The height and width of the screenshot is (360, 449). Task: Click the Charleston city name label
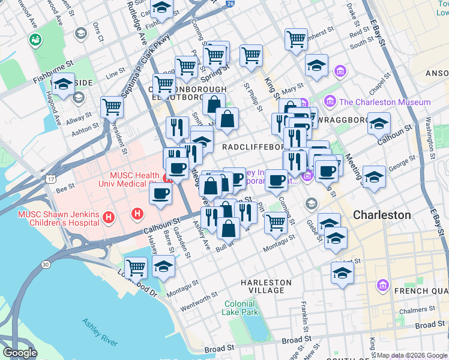point(382,215)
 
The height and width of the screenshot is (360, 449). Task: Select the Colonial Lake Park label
point(241,308)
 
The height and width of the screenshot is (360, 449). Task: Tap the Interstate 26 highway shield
point(230,4)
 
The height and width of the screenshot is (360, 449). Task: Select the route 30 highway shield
point(46,264)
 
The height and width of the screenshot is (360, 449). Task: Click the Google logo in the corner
point(20,353)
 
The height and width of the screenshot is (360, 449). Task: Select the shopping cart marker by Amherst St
point(296,40)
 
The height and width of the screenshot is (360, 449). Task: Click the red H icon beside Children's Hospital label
point(109,216)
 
